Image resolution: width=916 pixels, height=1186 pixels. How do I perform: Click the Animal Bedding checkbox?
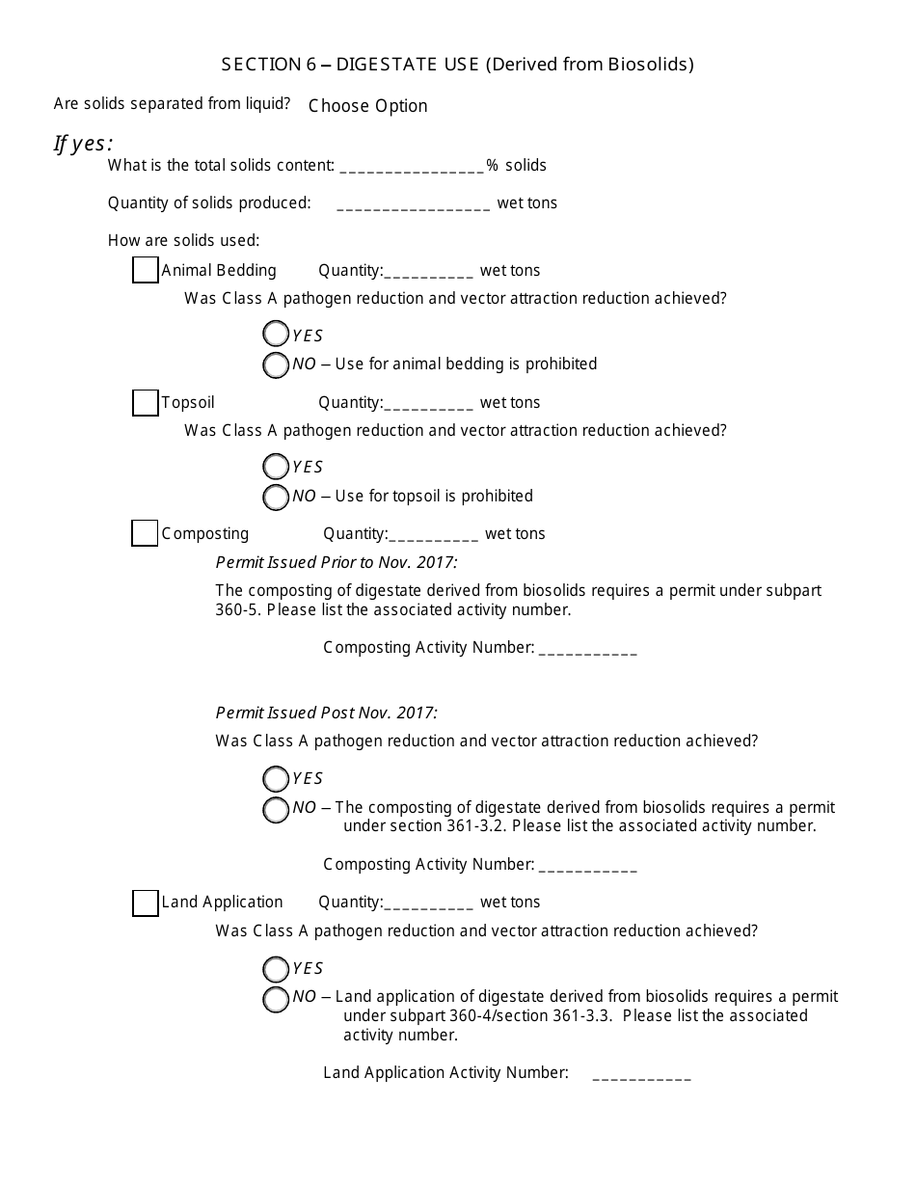pos(145,271)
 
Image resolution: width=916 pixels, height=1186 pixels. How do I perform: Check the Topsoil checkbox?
pos(145,403)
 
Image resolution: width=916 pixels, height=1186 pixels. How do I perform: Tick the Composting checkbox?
pos(145,533)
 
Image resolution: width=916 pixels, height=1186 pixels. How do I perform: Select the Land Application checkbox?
pos(145,903)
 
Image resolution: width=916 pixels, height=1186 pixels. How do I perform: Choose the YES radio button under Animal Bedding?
pos(276,335)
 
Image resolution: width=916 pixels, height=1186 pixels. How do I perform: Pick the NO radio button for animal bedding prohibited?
pos(276,364)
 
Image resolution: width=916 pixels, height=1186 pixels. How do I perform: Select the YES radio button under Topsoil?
pos(276,467)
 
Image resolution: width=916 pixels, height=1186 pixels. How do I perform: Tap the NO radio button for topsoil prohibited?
pos(276,497)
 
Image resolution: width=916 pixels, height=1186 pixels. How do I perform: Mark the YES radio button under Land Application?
pos(276,969)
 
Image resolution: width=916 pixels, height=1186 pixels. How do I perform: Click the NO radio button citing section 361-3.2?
pos(276,809)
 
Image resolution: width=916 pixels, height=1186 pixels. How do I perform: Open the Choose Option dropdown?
pos(367,106)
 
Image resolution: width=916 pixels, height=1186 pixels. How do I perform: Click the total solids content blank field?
pos(412,167)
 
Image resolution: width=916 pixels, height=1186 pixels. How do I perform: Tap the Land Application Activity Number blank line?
pos(641,1074)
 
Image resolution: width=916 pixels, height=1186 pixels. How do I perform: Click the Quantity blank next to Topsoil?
pos(429,404)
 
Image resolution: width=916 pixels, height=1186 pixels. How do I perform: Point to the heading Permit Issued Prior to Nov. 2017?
pos(337,562)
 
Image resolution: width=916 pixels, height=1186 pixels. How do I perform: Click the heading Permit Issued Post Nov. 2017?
pos(327,714)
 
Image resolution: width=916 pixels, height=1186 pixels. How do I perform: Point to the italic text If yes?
pos(83,144)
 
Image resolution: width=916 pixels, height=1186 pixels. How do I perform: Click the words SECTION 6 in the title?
pos(261,65)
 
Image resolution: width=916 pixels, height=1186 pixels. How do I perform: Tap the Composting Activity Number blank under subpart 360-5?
pos(587,649)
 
